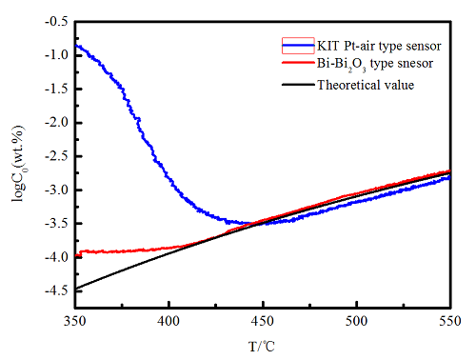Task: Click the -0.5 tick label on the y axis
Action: point(56,22)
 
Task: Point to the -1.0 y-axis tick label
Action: point(56,55)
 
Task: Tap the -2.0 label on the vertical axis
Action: point(56,123)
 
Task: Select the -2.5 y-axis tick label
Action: point(56,156)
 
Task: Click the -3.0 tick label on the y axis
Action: point(56,190)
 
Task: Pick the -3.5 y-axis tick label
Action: point(56,224)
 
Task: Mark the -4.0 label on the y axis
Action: point(56,257)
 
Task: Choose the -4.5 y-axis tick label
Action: point(56,291)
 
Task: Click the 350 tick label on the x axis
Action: point(75,321)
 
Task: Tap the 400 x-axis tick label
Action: point(169,321)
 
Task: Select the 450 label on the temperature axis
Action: point(263,321)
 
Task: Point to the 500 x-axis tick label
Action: point(356,321)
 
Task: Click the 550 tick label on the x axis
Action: point(450,321)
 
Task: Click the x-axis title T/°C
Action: point(262,347)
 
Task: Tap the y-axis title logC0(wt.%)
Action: point(19,164)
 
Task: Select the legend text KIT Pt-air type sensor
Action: point(379,46)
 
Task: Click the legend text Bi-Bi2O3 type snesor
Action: point(375,65)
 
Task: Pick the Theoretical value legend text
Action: point(366,85)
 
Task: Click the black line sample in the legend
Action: point(298,85)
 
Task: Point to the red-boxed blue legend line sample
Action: point(298,46)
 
